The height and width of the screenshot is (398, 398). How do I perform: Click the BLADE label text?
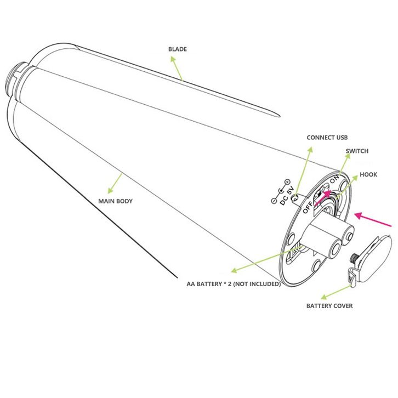tap(177, 49)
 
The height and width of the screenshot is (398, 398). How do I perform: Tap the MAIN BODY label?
tap(115, 201)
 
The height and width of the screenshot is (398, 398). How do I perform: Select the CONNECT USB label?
tap(327, 138)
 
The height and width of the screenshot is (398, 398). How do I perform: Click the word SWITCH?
tap(357, 151)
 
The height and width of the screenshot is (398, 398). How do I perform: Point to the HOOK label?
tap(368, 175)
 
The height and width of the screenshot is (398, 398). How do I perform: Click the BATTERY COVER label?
tap(329, 306)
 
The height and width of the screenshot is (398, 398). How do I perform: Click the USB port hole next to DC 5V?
tap(294, 198)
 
